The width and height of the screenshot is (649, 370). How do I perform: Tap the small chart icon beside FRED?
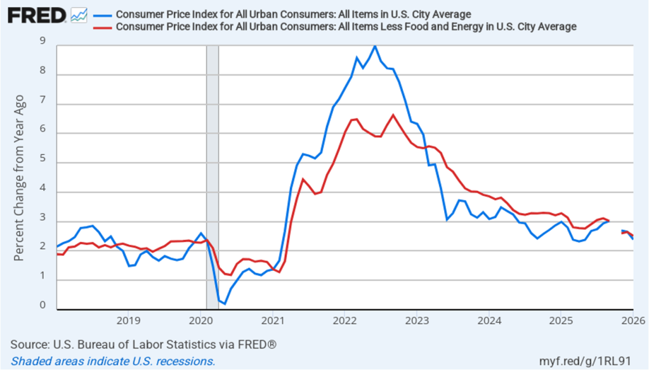click(79, 15)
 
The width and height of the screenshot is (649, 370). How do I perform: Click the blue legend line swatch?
click(102, 15)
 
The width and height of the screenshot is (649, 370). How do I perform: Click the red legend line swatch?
click(102, 27)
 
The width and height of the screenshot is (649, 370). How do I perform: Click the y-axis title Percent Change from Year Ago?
click(20, 178)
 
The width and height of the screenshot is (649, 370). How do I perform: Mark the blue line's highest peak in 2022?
click(375, 46)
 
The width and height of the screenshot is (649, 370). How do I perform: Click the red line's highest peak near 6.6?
click(393, 115)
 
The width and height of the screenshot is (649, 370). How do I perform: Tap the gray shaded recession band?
click(213, 178)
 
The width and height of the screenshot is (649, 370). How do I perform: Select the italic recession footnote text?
click(113, 360)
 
